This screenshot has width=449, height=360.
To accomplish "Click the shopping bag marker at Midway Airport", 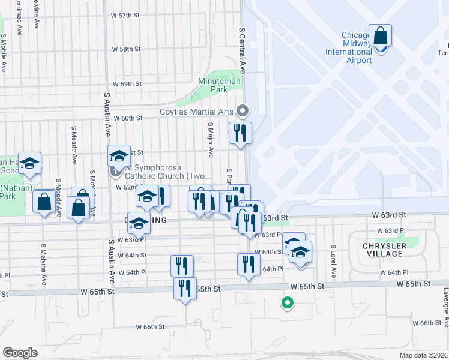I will click(x=381, y=35).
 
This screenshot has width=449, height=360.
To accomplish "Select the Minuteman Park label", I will click(x=220, y=85).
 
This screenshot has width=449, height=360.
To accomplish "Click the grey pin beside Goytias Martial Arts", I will click(x=243, y=110).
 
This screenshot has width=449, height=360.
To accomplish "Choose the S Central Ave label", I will click(x=243, y=49).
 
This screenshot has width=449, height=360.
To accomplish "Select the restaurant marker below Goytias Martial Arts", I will click(x=240, y=133).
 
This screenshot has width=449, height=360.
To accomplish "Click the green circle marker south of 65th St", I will click(x=288, y=303).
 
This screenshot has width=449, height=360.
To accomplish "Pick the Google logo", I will click(x=20, y=352).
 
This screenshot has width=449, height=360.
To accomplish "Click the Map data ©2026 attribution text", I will click(x=423, y=355).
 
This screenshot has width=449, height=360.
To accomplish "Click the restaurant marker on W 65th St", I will click(x=185, y=288).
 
